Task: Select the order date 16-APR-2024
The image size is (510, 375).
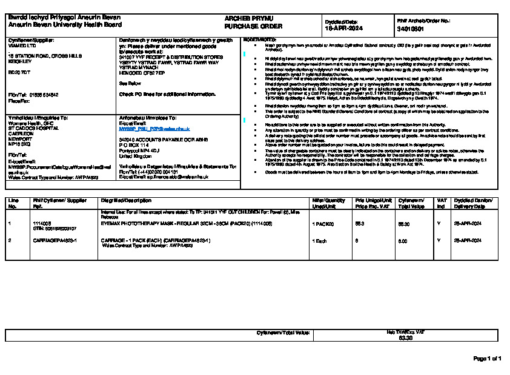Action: click(x=343, y=28)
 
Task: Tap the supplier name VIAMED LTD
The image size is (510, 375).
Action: click(x=22, y=45)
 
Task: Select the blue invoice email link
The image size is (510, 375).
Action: click(x=154, y=129)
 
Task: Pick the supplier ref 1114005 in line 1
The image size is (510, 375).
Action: click(x=41, y=223)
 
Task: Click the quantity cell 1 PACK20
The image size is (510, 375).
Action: click(x=322, y=224)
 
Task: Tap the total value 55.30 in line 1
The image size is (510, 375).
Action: click(x=404, y=224)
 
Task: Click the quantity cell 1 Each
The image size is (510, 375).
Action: click(x=319, y=240)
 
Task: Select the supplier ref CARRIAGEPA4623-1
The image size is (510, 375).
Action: click(x=55, y=240)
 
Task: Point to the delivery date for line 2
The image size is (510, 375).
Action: click(x=468, y=240)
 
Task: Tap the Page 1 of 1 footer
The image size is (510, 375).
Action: click(x=487, y=359)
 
